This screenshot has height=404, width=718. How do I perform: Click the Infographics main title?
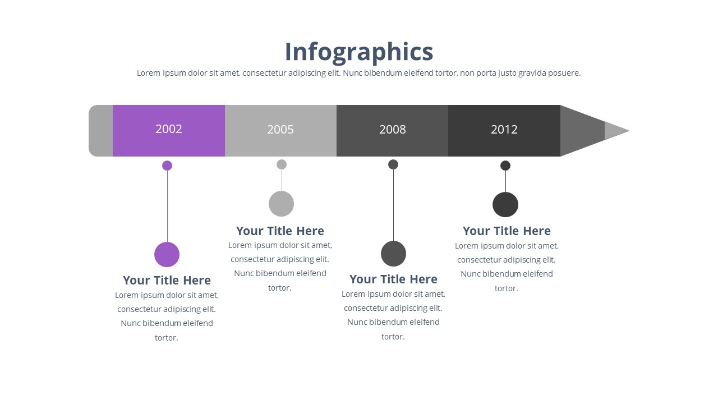tap(359, 52)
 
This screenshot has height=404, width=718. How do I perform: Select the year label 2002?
tap(169, 129)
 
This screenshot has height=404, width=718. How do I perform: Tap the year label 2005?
tap(280, 130)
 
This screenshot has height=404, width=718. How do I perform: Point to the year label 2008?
tap(392, 130)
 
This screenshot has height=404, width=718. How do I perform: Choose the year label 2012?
tap(504, 130)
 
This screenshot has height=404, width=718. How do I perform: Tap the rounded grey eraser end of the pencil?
tap(100, 131)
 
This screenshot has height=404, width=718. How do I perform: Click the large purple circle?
tap(167, 255)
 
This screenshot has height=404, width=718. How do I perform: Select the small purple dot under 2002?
tap(167, 166)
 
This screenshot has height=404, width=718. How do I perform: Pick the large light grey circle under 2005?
tap(281, 204)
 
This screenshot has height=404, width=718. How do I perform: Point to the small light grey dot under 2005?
tap(282, 164)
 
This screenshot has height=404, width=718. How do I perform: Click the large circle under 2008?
tap(393, 254)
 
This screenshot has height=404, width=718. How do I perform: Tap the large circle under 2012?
tap(505, 205)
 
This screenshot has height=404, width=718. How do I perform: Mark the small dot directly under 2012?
tap(505, 166)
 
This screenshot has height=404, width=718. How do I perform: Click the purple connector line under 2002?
tap(167, 206)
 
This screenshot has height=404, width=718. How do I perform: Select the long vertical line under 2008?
tap(393, 205)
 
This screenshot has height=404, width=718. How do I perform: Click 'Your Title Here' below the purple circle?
tap(167, 281)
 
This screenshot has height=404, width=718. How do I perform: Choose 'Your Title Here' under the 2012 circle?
tap(507, 231)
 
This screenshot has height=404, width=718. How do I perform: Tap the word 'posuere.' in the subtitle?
tap(564, 73)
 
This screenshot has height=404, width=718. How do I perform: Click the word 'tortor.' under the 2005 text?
tap(280, 288)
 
